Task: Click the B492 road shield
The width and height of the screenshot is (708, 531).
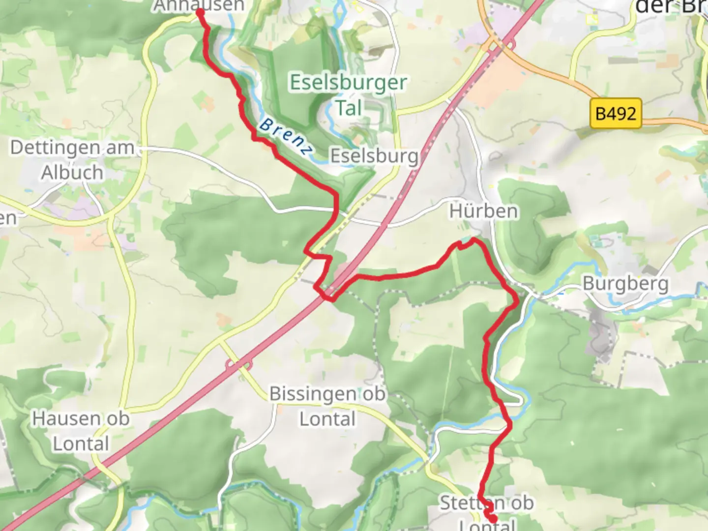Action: (616, 114)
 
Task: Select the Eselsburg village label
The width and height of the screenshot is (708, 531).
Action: (374, 156)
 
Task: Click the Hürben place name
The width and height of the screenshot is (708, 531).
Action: (484, 211)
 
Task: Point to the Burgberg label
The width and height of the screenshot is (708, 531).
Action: (625, 284)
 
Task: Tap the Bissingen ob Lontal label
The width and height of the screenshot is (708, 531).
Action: (327, 406)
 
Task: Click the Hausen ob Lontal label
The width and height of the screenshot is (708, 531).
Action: (81, 431)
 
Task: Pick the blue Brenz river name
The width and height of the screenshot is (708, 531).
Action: (286, 137)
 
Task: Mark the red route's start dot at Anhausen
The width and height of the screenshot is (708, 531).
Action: (201, 12)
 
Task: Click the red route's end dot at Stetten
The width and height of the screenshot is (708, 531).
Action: (492, 518)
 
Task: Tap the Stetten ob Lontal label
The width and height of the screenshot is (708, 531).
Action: (487, 511)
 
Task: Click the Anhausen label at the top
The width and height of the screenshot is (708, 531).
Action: (199, 5)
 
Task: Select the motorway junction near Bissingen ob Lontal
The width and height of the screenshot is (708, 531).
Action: (239, 365)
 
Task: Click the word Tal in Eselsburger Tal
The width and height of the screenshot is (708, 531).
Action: (349, 108)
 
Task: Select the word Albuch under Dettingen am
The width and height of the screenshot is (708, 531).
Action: (72, 173)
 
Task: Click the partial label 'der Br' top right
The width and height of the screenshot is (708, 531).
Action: (671, 7)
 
